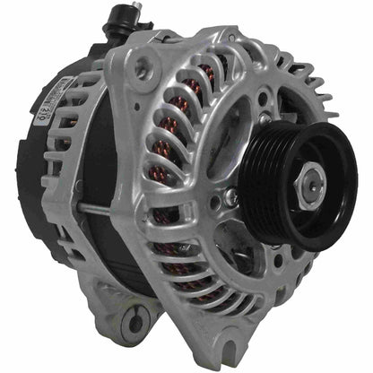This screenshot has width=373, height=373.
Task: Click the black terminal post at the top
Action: (117, 24)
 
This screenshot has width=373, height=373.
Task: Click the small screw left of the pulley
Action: (231, 196)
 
